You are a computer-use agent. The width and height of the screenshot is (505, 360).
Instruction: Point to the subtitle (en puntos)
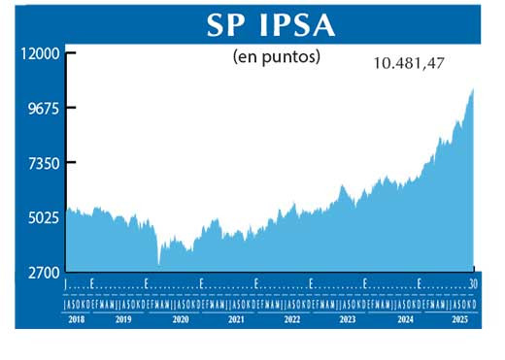click(277, 56)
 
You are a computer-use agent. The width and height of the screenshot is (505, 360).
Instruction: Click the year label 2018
click(77, 318)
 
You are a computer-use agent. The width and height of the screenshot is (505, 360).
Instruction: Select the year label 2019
click(123, 318)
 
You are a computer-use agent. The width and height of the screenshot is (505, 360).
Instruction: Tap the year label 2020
click(179, 318)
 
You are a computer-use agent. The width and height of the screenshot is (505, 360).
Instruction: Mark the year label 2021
click(234, 318)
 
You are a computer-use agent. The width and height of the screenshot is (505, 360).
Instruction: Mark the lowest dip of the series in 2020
click(158, 264)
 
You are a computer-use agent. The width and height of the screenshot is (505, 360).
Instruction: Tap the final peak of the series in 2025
click(473, 89)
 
